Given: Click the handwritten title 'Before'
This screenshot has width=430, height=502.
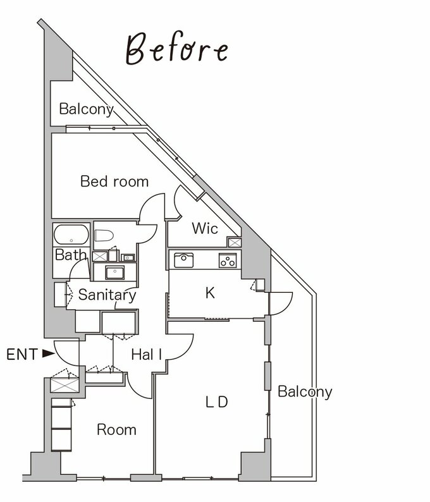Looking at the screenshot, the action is click(176, 48).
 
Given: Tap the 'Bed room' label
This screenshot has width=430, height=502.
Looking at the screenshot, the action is click(114, 181).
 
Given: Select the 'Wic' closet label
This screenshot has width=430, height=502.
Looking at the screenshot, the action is click(205, 228).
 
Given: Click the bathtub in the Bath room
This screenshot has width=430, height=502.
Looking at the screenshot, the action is click(71, 235).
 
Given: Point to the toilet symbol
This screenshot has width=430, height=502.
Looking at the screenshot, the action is click(104, 236).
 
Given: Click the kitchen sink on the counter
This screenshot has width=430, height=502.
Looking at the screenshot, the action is click(183, 260).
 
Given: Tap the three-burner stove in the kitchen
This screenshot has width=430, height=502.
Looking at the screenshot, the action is click(228, 260).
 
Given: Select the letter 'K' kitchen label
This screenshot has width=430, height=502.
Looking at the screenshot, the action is click(210, 293).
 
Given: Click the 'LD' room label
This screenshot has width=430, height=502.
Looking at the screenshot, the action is click(216, 402).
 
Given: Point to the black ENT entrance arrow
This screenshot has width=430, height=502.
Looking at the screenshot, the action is click(49, 353).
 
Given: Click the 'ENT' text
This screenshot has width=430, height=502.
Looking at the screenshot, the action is click(22, 355).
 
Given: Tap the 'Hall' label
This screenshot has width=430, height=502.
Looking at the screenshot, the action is click(146, 355).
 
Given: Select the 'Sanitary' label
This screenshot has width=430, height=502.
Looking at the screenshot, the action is click(107, 295).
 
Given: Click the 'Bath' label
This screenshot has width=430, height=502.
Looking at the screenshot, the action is click(71, 255).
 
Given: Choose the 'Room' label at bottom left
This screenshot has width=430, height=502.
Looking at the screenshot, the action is click(116, 430).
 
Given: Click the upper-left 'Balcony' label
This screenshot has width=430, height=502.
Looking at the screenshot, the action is click(87, 109).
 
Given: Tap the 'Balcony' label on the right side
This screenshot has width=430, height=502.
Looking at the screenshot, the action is click(305, 392).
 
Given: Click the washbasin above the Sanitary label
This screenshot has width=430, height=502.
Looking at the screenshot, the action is click(114, 272).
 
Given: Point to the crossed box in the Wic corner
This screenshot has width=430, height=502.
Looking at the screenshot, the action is click(235, 242).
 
